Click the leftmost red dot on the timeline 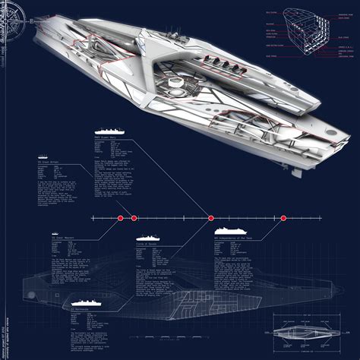point(119,219)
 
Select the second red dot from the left point(134,219)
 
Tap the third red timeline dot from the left point(211,219)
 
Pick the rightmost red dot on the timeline point(283,219)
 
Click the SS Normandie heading point(81,311)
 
